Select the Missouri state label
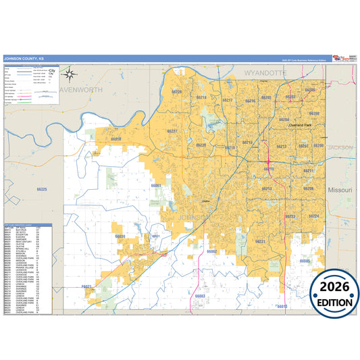click(340, 190)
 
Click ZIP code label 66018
click(116, 139)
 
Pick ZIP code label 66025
click(42, 190)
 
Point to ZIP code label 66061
click(157, 185)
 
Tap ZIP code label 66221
click(261, 241)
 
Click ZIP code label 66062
click(211, 251)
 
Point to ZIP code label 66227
click(172, 131)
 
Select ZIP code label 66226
click(177, 92)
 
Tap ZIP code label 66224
click(313, 216)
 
